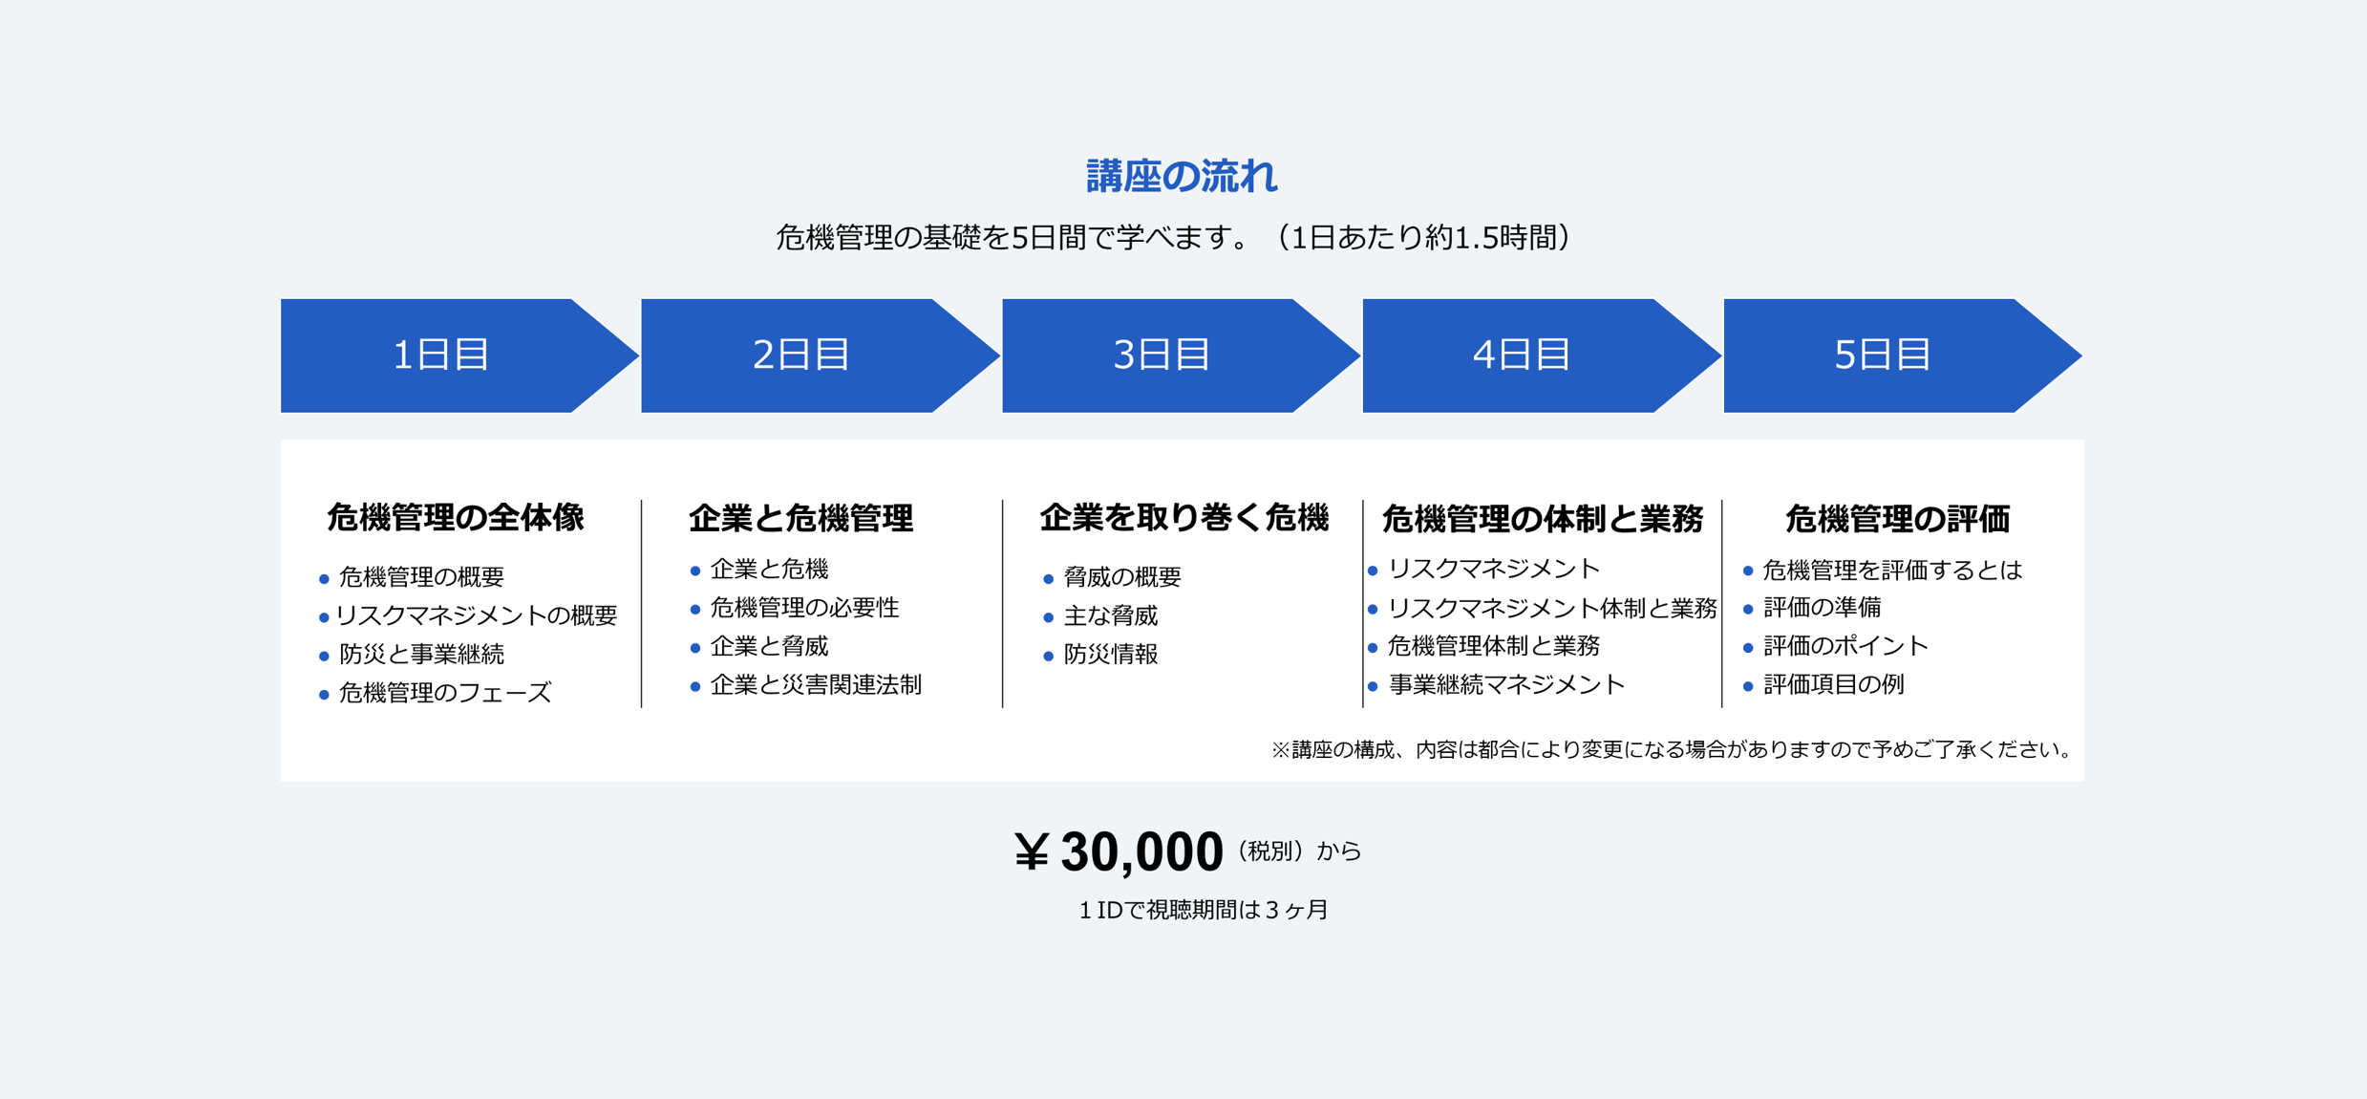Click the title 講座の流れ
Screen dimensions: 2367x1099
tap(1182, 177)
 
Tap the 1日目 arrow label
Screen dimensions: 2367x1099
tap(441, 355)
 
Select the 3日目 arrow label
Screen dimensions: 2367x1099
tap(1162, 355)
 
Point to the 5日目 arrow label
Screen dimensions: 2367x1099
tap(1883, 355)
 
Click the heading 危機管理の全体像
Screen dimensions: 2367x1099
tap(456, 517)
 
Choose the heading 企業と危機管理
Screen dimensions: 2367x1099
tap(800, 518)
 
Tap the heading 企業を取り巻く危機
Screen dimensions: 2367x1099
tap(1183, 517)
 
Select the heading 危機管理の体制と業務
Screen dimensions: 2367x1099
tap(1543, 518)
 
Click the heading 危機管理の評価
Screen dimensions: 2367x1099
tap(1897, 518)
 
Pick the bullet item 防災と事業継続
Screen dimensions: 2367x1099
tap(421, 654)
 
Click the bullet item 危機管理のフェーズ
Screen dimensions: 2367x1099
tap(445, 692)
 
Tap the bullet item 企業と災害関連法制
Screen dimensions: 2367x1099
tap(816, 684)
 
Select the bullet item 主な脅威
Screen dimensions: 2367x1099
tap(1111, 615)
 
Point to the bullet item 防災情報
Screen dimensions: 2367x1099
tap(1111, 654)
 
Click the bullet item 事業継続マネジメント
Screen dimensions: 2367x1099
tap(1506, 684)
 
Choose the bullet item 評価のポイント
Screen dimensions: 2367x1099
tap(1846, 646)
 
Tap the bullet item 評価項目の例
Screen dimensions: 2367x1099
tap(1834, 684)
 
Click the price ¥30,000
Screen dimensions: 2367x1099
tap(1119, 851)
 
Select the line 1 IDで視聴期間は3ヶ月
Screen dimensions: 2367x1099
tap(1204, 910)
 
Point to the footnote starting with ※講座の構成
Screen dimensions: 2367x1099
tap(1672, 749)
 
